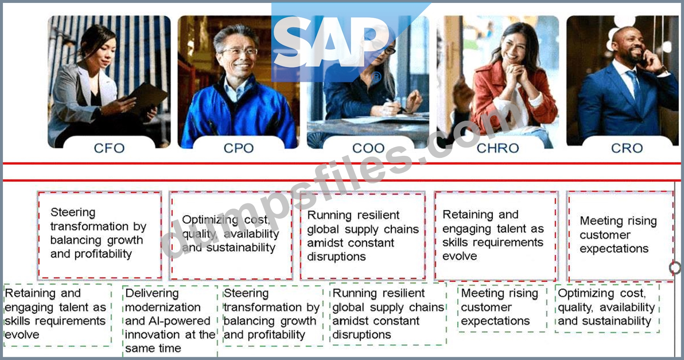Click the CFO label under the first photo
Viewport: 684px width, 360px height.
pos(109,148)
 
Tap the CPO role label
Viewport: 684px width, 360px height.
pos(238,148)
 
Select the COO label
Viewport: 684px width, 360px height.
pos(368,148)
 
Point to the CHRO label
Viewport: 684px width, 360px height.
pos(498,148)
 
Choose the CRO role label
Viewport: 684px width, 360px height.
pos(627,148)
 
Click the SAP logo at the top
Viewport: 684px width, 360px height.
pos(336,43)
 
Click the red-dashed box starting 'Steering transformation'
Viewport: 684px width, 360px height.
pos(100,235)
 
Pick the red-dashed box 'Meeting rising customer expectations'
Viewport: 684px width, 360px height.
pos(621,236)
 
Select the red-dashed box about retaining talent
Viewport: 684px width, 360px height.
pos(496,236)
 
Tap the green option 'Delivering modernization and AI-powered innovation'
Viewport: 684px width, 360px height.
pos(170,321)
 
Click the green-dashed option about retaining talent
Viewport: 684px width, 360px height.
pos(57,315)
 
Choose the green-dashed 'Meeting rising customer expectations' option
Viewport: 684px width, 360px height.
pos(502,308)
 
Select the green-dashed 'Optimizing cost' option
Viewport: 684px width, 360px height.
pos(607,308)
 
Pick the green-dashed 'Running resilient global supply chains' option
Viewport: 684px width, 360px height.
pos(388,315)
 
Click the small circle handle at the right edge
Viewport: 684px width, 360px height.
pos(674,268)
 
